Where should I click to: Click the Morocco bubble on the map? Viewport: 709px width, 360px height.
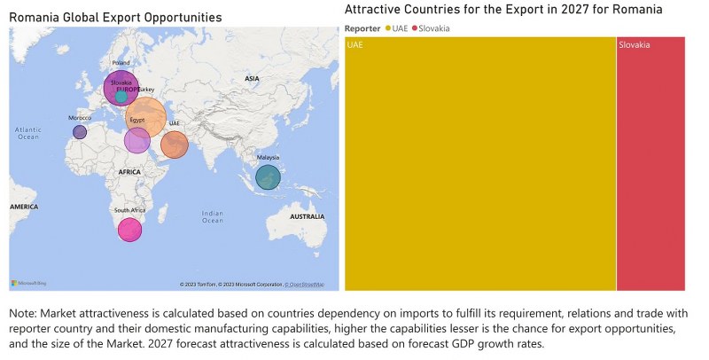80,132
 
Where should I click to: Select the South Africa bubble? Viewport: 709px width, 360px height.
130,230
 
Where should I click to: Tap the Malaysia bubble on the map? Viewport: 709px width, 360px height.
268,177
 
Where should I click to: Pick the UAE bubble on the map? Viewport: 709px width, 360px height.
175,145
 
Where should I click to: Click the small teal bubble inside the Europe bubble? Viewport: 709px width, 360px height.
121,97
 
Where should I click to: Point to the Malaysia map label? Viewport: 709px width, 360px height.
269,156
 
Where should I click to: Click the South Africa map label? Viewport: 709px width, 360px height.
130,210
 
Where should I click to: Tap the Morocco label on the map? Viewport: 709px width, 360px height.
80,118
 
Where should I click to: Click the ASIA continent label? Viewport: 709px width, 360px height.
252,79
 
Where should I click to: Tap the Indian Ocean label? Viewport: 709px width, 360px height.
212,216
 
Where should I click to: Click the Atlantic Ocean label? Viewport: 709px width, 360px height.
27,133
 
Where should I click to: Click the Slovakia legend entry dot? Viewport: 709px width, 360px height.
415,28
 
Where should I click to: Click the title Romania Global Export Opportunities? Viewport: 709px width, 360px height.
115,18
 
